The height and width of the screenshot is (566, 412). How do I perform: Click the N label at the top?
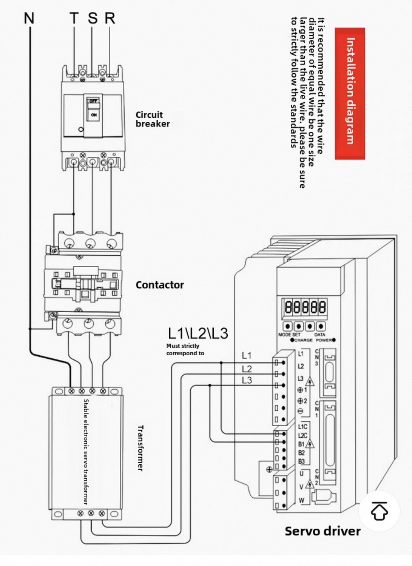[x=29, y=18]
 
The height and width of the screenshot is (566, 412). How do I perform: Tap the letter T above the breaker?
[x=74, y=18]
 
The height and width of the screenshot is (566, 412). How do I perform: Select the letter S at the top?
[x=93, y=18]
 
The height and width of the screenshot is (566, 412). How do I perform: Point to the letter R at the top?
[x=110, y=18]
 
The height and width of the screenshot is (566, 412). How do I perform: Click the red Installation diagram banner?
[x=350, y=93]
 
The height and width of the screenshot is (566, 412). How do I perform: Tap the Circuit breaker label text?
[x=153, y=119]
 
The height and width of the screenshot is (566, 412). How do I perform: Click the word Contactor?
[x=160, y=285]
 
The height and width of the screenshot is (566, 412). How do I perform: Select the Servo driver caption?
[x=323, y=531]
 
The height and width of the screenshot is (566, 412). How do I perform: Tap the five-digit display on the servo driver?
[x=305, y=307]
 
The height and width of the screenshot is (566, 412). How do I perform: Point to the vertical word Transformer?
[x=140, y=448]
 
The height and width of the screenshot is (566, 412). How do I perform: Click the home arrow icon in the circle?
[x=379, y=511]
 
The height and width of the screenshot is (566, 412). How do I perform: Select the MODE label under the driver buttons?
[x=284, y=335]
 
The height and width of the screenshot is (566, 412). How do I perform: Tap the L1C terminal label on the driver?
[x=302, y=427]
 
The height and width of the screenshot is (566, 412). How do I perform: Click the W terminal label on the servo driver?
[x=301, y=501]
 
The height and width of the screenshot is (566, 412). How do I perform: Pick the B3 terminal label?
[x=301, y=461]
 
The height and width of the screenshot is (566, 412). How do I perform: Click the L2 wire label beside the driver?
[x=247, y=369]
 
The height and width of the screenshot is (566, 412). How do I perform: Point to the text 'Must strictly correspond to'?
[x=185, y=350]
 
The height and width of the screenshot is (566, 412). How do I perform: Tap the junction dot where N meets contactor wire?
[x=30, y=329]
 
